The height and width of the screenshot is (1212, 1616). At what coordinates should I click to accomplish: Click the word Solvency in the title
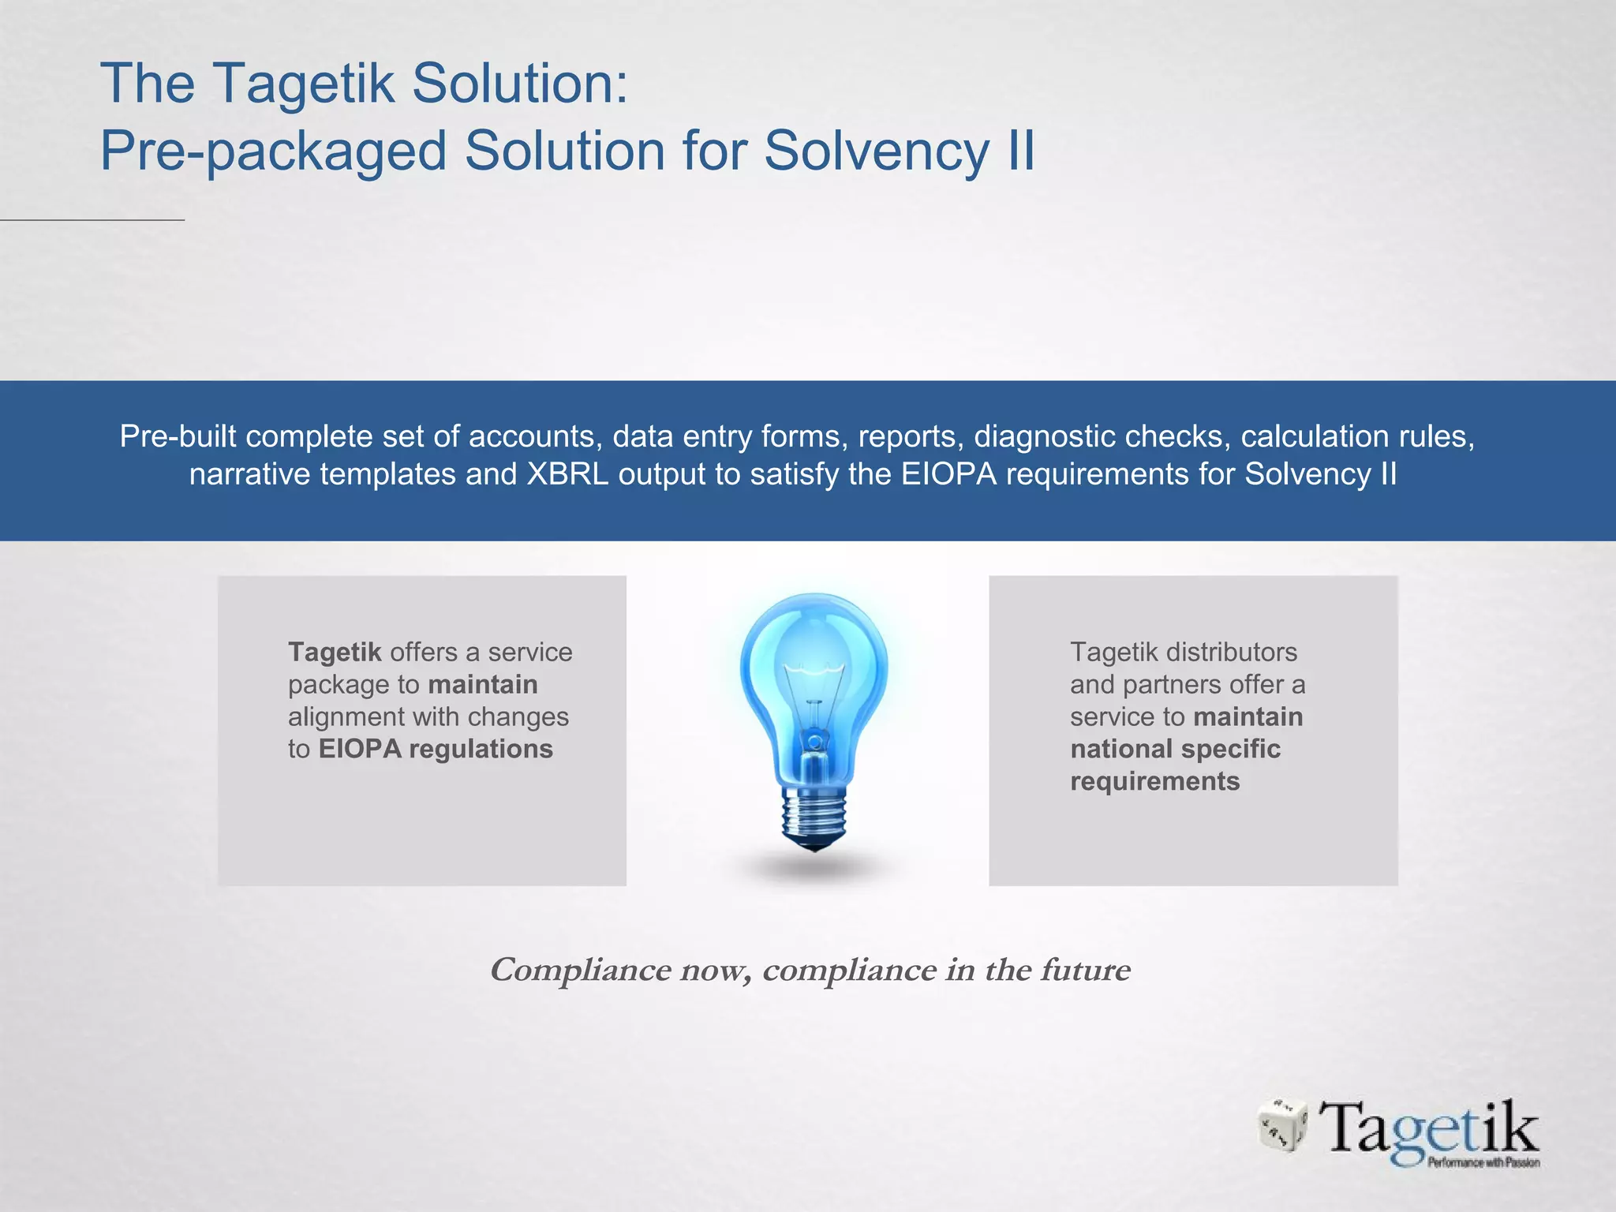pyautogui.click(x=876, y=151)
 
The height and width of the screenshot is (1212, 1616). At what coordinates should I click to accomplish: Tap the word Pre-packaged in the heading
pyautogui.click(x=273, y=151)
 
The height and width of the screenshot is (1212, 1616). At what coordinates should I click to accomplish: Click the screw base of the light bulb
pyautogui.click(x=814, y=817)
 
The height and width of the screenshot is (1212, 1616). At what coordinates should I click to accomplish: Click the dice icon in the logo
pyautogui.click(x=1281, y=1124)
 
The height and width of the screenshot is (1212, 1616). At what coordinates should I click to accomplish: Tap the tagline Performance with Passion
pyautogui.click(x=1483, y=1162)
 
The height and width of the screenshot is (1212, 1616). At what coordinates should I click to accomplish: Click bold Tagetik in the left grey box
pyautogui.click(x=335, y=653)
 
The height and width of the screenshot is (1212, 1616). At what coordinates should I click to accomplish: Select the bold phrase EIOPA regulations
pyautogui.click(x=436, y=749)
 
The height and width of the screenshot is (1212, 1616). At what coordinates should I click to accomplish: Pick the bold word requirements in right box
pyautogui.click(x=1154, y=781)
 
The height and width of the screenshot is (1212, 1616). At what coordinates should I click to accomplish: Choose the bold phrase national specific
pyautogui.click(x=1175, y=749)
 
